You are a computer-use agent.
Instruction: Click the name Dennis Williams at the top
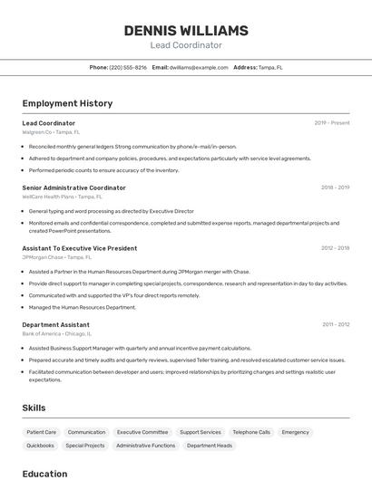185,31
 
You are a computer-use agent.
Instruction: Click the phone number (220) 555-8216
128,67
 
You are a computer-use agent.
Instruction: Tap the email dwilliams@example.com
199,67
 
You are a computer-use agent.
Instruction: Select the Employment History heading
67,103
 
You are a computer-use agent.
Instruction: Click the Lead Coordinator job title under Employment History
49,122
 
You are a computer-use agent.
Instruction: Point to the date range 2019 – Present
331,122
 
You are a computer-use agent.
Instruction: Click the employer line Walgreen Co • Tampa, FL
51,131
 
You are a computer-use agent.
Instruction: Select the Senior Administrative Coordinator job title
73,187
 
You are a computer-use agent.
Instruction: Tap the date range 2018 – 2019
335,187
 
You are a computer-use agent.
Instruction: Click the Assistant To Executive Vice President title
80,247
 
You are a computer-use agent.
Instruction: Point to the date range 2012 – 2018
335,247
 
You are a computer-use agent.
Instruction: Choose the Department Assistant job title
55,324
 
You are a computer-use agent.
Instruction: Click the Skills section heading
34,408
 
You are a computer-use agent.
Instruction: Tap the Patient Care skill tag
42,432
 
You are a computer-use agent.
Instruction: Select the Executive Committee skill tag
142,432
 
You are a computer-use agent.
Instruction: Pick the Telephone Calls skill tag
251,432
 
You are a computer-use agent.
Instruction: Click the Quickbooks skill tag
40,446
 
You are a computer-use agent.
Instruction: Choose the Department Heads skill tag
210,446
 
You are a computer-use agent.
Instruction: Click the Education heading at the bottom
44,473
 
